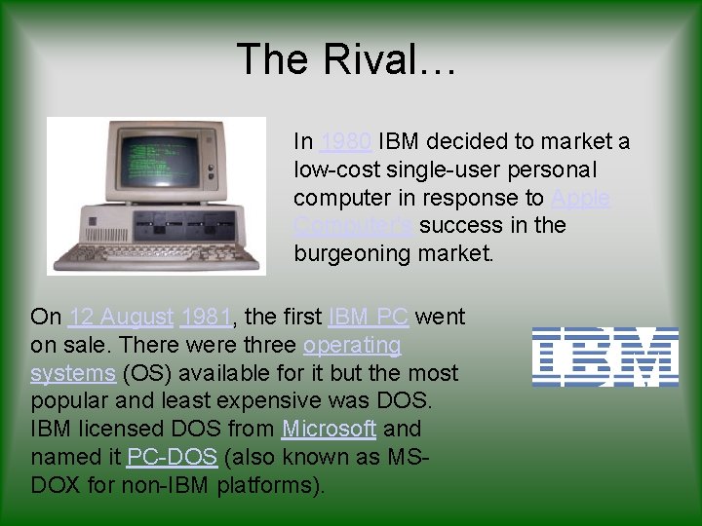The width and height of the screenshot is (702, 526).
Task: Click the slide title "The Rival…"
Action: (x=347, y=59)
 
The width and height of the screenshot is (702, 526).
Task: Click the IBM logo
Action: (x=604, y=357)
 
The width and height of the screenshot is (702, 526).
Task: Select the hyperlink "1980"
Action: (x=345, y=142)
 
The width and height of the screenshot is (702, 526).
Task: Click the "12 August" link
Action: (x=121, y=318)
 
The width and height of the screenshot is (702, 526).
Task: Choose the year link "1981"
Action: (x=207, y=318)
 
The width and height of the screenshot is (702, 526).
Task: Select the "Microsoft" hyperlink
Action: (x=329, y=429)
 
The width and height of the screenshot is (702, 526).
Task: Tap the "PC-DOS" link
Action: (x=172, y=457)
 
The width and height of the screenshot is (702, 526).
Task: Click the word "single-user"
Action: (x=437, y=170)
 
